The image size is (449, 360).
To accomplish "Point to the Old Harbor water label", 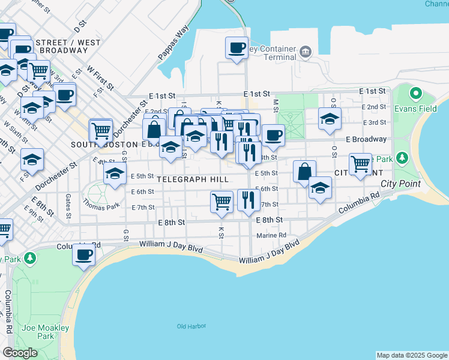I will (191, 326).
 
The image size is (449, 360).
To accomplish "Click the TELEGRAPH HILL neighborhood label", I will (193, 179).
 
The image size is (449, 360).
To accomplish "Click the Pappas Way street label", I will (173, 43).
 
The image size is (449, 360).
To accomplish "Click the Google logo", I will (20, 353).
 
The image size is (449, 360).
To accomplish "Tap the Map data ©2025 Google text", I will (411, 355).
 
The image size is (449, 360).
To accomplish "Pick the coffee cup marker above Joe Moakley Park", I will (83, 254).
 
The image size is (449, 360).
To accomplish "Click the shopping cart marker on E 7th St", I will (221, 201).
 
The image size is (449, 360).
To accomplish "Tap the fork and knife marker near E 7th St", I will (248, 199).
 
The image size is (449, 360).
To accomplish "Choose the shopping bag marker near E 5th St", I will (304, 171).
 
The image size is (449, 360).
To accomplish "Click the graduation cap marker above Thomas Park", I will (114, 174).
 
